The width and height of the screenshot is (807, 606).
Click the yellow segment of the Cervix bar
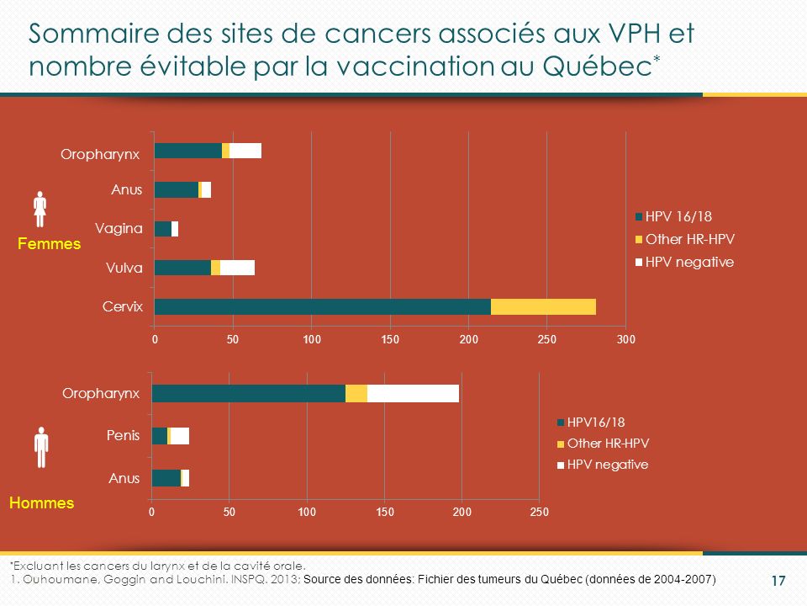pyautogui.click(x=543, y=306)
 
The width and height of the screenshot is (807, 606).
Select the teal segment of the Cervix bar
pyautogui.click(x=322, y=306)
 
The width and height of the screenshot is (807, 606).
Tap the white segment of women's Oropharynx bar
pyautogui.click(x=245, y=151)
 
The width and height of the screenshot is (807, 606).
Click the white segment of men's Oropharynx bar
pyautogui.click(x=413, y=393)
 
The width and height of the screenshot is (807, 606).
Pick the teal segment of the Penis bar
pyautogui.click(x=159, y=435)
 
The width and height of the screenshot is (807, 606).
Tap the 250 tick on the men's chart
pyautogui.click(x=539, y=511)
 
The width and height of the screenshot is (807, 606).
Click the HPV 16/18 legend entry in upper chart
pyautogui.click(x=678, y=215)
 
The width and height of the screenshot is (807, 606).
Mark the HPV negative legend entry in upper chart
pyautogui.click(x=688, y=262)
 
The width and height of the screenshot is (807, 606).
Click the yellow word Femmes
pyautogui.click(x=50, y=243)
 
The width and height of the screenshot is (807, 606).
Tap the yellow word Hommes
pyautogui.click(x=41, y=502)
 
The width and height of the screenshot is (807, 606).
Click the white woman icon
pyautogui.click(x=40, y=210)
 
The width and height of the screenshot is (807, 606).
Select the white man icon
pyautogui.click(x=40, y=447)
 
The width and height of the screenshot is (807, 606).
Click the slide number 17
pyautogui.click(x=778, y=581)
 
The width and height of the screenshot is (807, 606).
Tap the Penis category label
pyautogui.click(x=124, y=435)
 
